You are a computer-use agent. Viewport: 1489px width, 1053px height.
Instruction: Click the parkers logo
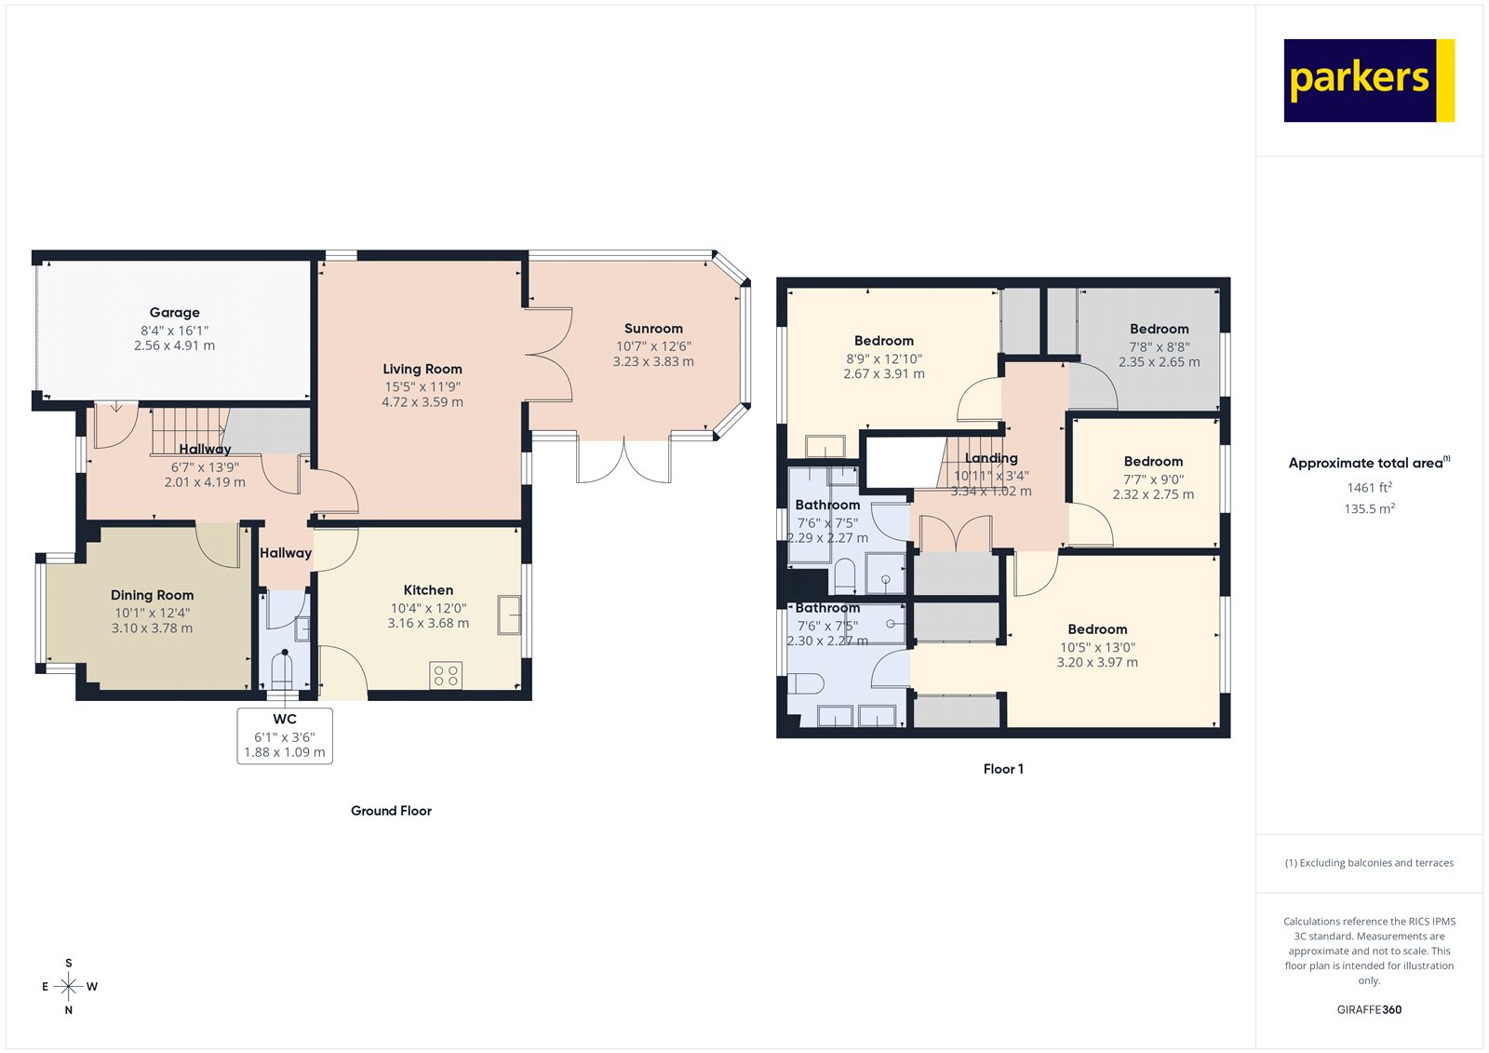1368,80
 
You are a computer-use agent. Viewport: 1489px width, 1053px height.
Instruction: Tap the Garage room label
174,313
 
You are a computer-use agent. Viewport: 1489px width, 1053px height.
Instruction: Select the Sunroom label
653,329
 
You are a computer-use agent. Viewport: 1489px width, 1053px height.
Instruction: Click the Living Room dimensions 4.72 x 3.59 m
422,402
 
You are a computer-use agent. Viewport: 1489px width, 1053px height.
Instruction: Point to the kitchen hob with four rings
446,676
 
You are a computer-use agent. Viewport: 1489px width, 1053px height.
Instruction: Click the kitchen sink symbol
509,614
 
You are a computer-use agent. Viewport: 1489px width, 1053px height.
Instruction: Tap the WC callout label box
285,736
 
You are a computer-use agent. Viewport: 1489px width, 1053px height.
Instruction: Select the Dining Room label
152,595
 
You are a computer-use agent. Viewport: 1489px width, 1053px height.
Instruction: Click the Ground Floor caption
391,811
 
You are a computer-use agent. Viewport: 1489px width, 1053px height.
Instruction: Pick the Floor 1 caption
1003,769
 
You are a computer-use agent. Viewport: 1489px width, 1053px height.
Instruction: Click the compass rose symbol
69,986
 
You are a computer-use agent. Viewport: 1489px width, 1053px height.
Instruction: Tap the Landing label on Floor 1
991,458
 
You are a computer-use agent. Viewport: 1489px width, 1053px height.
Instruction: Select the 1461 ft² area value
1369,487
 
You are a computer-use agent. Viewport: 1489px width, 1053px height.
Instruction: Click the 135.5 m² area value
1369,508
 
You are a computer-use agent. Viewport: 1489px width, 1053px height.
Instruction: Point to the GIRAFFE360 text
1369,1009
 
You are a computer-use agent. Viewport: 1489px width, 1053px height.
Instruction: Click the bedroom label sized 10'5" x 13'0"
1097,630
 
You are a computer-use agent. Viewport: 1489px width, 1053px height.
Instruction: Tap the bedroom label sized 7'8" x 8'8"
1159,330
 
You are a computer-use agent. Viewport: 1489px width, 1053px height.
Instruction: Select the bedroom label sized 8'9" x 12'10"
884,342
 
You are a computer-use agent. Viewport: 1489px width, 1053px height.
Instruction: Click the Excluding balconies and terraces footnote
1369,863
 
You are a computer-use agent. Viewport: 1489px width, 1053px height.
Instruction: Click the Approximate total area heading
1366,463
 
